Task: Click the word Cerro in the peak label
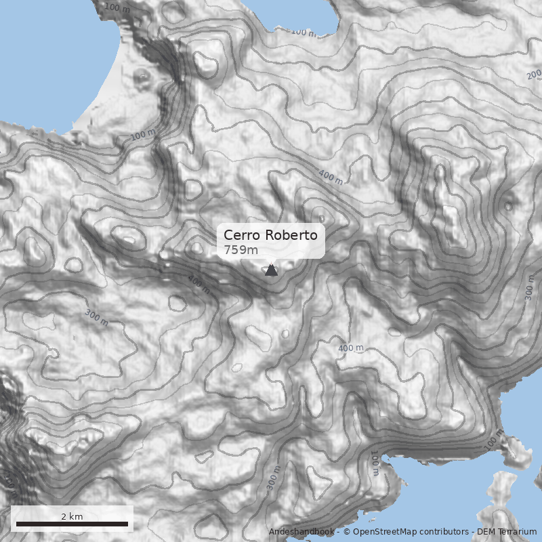242,236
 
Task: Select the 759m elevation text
241,250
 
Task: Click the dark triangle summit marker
271,270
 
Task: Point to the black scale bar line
72,524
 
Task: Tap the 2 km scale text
72,516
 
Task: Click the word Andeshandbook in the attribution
301,532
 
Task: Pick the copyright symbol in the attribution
347,532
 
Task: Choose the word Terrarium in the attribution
517,532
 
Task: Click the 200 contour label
534,74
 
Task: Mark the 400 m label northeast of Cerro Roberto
331,178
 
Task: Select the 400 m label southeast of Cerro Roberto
351,348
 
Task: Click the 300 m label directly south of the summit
273,478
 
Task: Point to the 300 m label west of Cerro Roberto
96,316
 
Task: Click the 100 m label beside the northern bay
303,32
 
